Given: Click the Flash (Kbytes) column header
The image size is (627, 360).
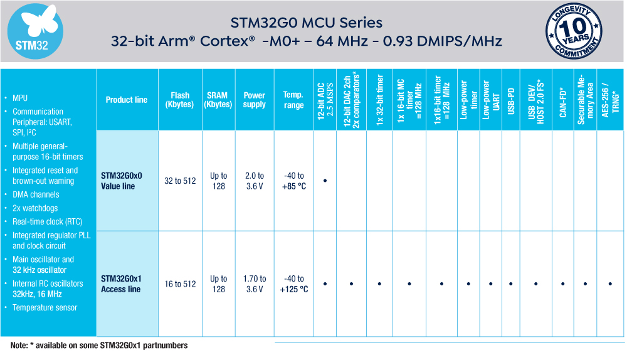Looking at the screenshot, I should point(179,100).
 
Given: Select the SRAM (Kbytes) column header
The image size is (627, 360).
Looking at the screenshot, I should point(218,100).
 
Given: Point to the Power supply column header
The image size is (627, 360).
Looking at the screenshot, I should point(255,100).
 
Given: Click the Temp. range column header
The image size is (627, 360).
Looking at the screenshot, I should point(293,100).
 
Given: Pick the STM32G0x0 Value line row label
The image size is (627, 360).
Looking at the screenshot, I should point(122,181).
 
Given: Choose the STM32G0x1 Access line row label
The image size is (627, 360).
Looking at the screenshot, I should point(122,283).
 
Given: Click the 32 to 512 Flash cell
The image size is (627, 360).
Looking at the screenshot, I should point(179,181).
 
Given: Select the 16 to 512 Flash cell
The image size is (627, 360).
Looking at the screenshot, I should point(179,284).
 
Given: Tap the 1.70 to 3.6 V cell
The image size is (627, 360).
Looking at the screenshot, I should point(255,283).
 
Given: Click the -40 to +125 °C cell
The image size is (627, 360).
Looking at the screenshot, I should point(293,283).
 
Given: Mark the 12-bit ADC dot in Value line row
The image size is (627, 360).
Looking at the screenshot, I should point(325,181).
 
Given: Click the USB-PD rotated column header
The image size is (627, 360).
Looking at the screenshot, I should point(511,100).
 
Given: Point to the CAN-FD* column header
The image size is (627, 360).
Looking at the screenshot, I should point(562,100).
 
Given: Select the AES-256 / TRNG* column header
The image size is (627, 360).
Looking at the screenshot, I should point(610,100).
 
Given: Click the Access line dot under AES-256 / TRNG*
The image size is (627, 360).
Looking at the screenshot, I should point(610,284).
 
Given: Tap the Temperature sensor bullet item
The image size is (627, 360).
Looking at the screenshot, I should point(45,307).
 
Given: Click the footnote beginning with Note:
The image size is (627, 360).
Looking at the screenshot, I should point(99,346).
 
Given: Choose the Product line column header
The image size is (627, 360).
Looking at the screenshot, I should point(127,100).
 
